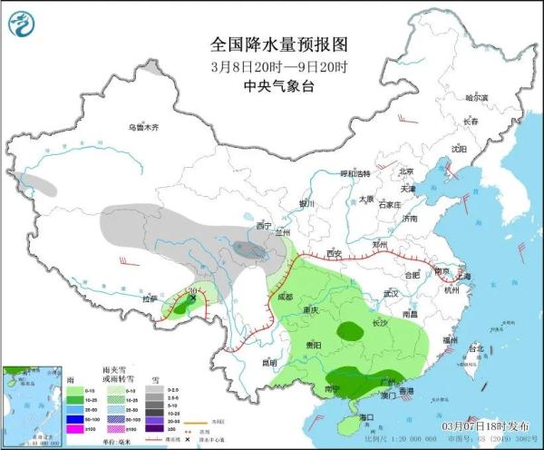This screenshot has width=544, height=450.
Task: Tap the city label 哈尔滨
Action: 476,97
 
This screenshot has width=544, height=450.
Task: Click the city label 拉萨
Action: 150,298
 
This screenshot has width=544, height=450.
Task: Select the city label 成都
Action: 285,296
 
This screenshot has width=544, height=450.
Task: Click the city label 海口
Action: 365,416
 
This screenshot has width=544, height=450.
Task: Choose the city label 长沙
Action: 377,323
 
